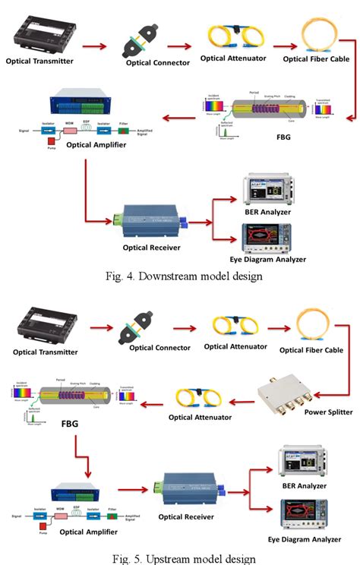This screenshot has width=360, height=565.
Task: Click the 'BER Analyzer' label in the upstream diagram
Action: pyautogui.click(x=302, y=485)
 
